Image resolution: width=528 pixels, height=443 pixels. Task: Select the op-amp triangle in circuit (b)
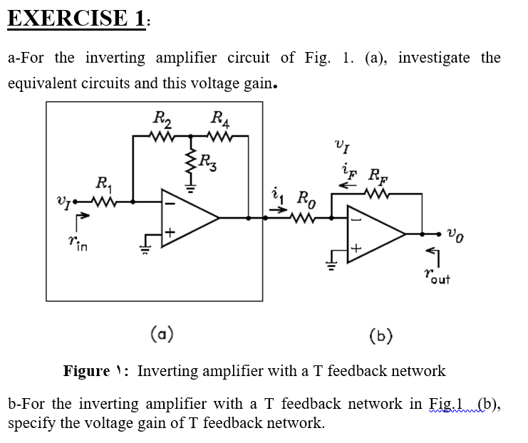click(x=372, y=232)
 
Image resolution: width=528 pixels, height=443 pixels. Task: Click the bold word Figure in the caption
click(x=86, y=371)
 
